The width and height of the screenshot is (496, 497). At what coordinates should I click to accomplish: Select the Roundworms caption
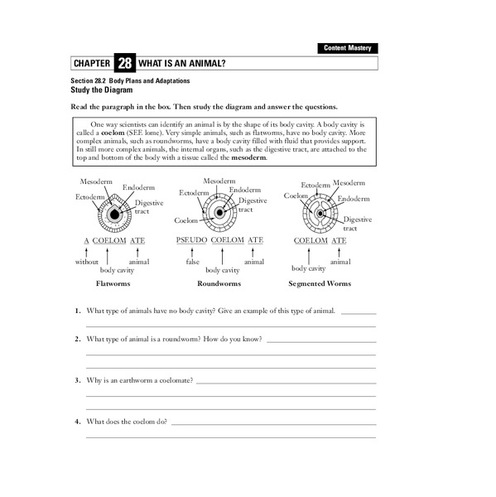[x=219, y=283]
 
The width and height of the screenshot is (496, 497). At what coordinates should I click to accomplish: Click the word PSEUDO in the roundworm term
[x=190, y=240]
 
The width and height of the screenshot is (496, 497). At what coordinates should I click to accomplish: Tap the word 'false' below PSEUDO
[x=193, y=262]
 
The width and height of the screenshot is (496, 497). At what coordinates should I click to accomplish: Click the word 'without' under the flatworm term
[x=86, y=262]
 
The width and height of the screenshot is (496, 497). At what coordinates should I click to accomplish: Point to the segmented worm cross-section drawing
[x=319, y=213]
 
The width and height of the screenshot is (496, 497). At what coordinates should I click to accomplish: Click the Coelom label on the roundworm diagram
[x=185, y=220]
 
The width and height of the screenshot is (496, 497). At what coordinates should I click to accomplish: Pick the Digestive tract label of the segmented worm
[x=357, y=224]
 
